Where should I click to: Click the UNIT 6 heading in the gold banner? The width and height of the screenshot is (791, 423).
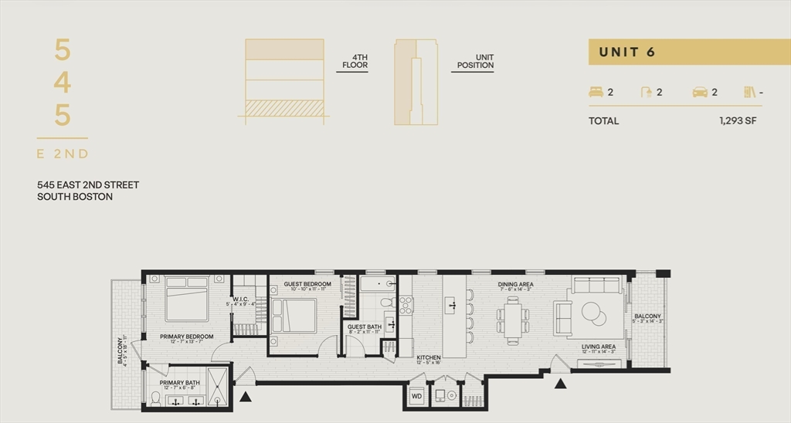point(627,52)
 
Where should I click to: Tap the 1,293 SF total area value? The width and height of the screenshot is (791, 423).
point(737,121)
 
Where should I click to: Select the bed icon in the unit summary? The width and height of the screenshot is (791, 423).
point(596,92)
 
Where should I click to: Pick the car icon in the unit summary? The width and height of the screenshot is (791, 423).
point(700,92)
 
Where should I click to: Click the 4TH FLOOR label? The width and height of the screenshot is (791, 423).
point(355,61)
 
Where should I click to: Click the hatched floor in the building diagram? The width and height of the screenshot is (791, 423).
point(284,107)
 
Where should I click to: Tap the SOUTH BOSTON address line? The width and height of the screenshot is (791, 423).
point(75,197)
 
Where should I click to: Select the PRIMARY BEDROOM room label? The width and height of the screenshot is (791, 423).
point(186,337)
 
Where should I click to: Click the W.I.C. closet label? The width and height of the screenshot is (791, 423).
point(239,299)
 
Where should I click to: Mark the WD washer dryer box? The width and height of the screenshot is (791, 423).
point(416,396)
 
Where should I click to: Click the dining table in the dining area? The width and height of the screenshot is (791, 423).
point(514,315)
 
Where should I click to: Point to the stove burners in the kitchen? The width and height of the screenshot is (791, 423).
point(406,305)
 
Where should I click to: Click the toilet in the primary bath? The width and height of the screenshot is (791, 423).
point(156,398)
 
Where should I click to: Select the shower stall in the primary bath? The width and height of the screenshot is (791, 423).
point(218,387)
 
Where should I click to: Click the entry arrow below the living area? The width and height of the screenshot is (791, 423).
point(561,382)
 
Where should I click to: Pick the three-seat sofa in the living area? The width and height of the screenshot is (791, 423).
point(595,286)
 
